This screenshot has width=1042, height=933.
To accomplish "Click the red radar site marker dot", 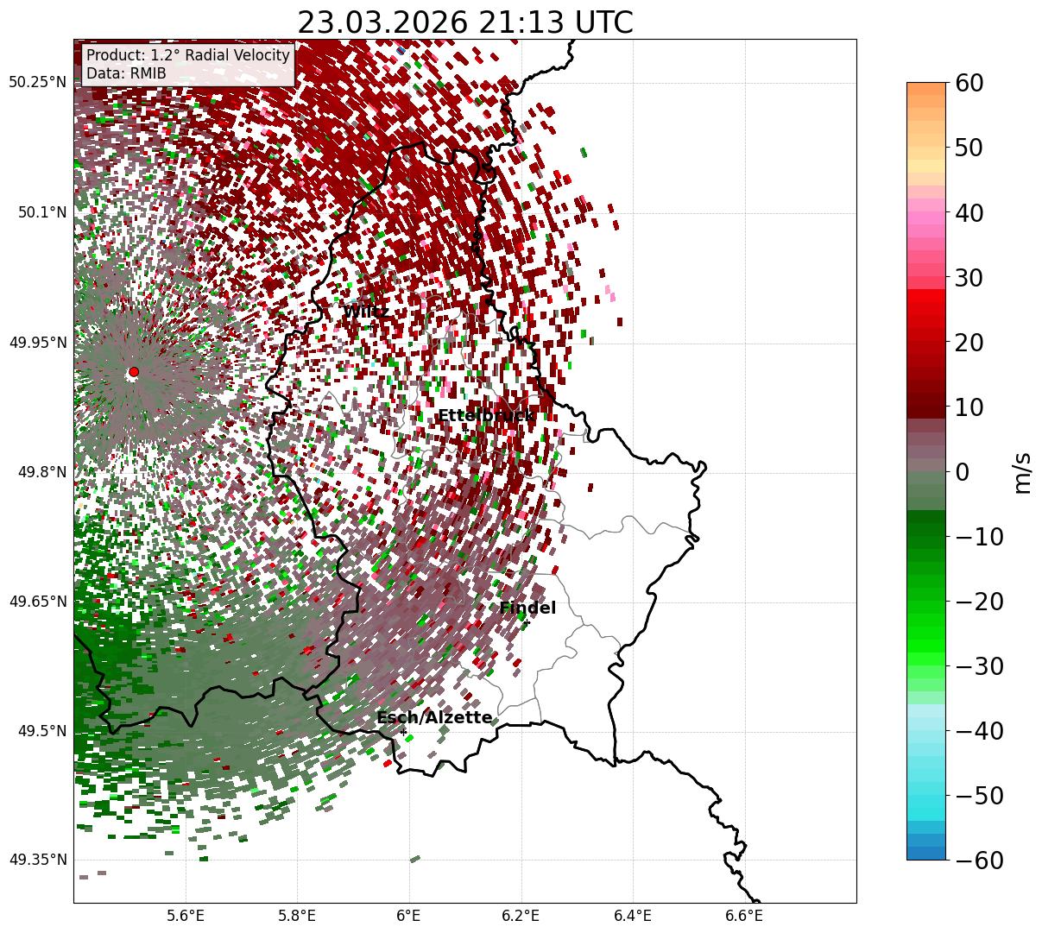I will [134, 372].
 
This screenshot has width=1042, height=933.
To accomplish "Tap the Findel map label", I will [527, 608].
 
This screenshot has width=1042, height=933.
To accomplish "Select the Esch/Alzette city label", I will [434, 718].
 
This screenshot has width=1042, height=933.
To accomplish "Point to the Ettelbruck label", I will [485, 416].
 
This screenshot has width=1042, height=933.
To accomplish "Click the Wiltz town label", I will [366, 312].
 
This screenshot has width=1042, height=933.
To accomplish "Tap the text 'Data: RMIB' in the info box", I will [126, 73].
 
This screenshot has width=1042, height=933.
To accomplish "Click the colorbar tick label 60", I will [971, 83].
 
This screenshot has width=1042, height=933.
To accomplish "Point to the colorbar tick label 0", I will [962, 472].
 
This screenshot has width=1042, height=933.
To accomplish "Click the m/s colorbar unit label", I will [1023, 472].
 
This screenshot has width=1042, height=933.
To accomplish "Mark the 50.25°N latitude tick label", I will [37, 83].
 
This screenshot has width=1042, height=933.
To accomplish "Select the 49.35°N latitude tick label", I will [37, 860].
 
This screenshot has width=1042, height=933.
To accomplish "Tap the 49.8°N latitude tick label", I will [41, 472].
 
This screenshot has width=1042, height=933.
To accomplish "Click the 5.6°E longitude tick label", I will [186, 916].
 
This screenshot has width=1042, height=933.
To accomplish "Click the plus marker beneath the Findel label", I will [527, 623].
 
